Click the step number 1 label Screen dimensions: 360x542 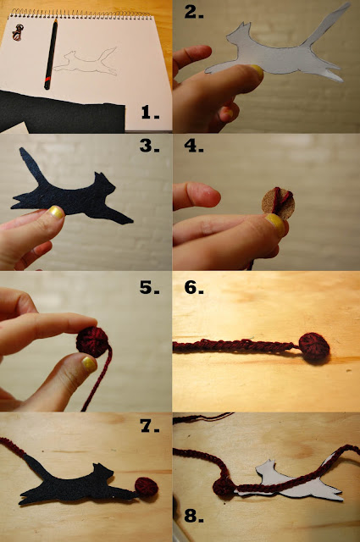(x=151, y=113)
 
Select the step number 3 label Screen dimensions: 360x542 (x=150, y=146)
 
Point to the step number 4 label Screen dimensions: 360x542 (x=194, y=146)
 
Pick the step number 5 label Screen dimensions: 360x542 (x=150, y=287)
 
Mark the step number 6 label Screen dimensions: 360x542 (x=194, y=287)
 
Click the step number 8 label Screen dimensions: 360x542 (x=194, y=515)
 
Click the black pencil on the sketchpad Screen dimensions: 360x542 (x=51, y=54)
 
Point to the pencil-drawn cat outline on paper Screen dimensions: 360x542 (x=86, y=62)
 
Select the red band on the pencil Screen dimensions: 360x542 (x=47, y=82)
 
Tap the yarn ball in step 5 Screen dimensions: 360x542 (x=92, y=341)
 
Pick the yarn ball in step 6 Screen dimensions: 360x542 (x=314, y=347)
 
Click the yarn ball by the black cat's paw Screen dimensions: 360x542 (x=147, y=487)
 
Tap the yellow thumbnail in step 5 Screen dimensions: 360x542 (x=89, y=364)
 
